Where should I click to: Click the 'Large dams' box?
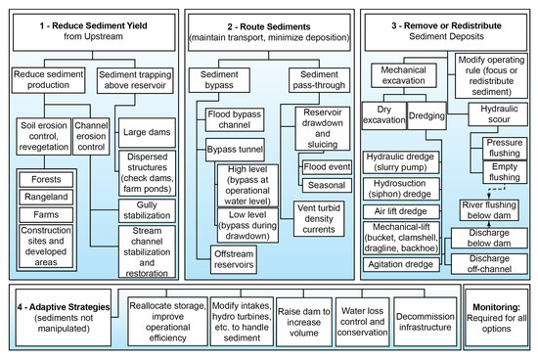[145, 131]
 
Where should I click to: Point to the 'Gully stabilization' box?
[146, 209]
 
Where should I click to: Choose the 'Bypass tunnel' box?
[232, 152]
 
